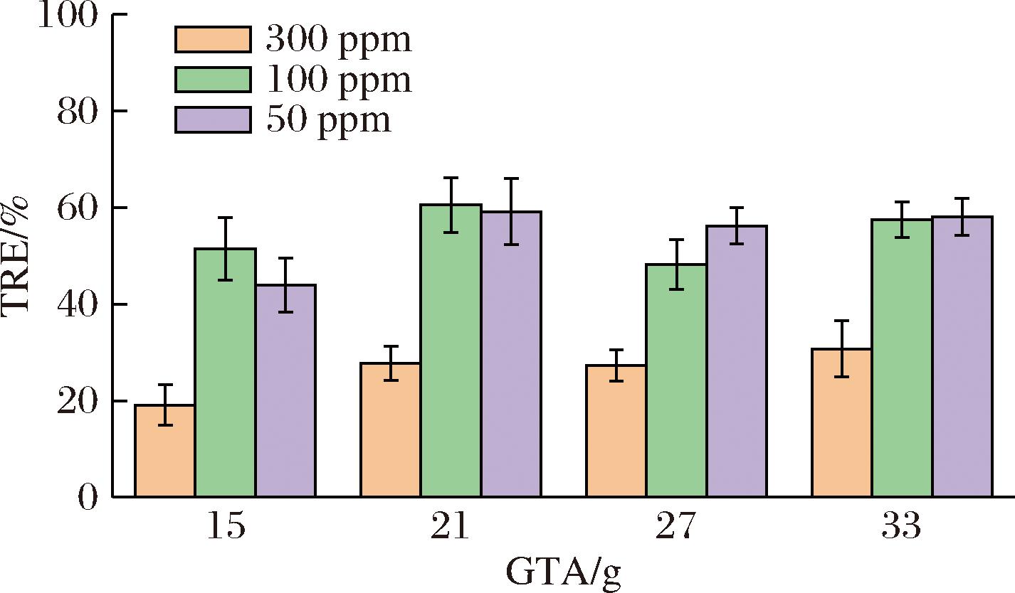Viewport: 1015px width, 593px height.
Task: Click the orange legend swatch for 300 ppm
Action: [x=213, y=40]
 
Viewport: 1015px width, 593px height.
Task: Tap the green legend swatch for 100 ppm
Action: [x=213, y=80]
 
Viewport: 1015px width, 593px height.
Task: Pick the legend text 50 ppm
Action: [x=329, y=120]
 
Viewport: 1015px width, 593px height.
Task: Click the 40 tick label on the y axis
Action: [x=77, y=304]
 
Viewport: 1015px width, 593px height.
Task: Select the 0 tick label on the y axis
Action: [x=87, y=496]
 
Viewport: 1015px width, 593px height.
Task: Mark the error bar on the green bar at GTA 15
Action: [x=225, y=248]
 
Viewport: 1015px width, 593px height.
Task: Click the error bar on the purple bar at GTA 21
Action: [x=511, y=211]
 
